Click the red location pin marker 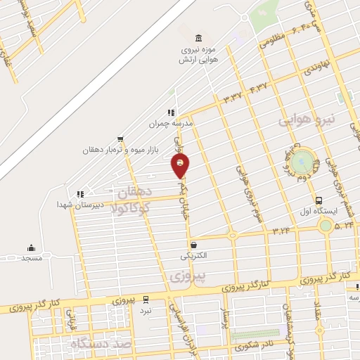tap(181, 166)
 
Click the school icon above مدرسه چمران tap(169, 112)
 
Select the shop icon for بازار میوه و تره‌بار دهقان tap(121, 139)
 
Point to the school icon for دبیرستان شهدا tap(80, 193)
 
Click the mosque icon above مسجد tap(30, 247)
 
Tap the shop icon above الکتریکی tap(193, 245)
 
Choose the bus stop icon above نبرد tap(146, 299)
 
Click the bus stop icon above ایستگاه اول tap(319, 200)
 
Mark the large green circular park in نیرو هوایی tap(304, 162)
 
